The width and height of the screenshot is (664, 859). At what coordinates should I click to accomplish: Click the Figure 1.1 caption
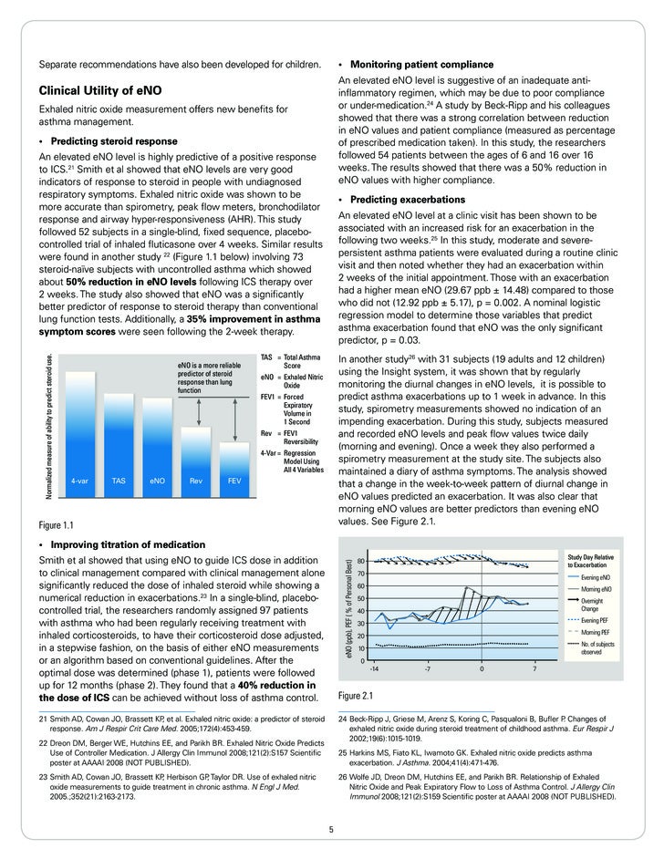pyautogui.click(x=56, y=526)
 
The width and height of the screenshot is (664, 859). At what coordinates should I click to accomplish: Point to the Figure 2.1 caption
pyautogui.click(x=356, y=695)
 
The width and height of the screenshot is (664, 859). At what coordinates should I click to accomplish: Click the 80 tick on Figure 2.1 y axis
pyautogui.click(x=362, y=561)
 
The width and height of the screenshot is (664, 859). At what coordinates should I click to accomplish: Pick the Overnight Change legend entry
pyautogui.click(x=596, y=605)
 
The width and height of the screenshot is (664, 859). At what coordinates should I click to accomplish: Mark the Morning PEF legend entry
pyautogui.click(x=596, y=632)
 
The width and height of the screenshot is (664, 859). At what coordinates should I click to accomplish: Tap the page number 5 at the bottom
pyautogui.click(x=332, y=829)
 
